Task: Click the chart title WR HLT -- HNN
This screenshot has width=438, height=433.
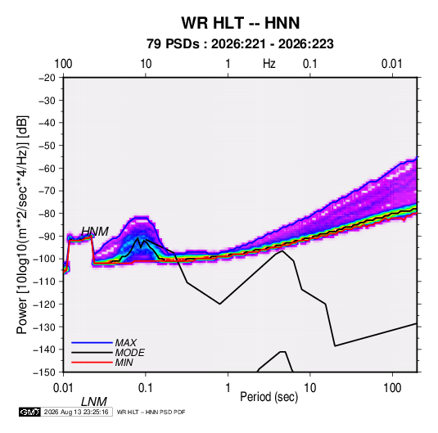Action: (241, 23)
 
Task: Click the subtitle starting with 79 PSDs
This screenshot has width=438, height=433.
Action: (240, 44)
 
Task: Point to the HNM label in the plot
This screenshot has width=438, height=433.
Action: (95, 232)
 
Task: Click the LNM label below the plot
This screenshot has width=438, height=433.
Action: (94, 402)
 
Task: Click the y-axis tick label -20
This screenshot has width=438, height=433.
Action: (47, 78)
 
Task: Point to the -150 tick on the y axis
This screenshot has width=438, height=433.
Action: (44, 372)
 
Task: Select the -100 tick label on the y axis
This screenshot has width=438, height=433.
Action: (44, 259)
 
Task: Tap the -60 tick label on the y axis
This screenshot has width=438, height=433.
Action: (47, 168)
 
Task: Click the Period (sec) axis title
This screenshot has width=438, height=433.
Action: (269, 397)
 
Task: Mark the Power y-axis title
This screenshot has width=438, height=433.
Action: (22, 225)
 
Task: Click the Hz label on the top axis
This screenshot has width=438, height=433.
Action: (269, 64)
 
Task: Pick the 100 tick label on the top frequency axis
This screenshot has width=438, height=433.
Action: (63, 64)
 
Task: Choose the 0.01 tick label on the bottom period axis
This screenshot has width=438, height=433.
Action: (63, 388)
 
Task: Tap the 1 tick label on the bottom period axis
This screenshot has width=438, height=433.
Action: (228, 388)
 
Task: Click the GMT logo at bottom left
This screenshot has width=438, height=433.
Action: (29, 412)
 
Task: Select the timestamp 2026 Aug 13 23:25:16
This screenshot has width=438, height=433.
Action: (76, 412)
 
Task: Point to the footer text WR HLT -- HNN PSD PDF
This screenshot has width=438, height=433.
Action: (151, 412)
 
